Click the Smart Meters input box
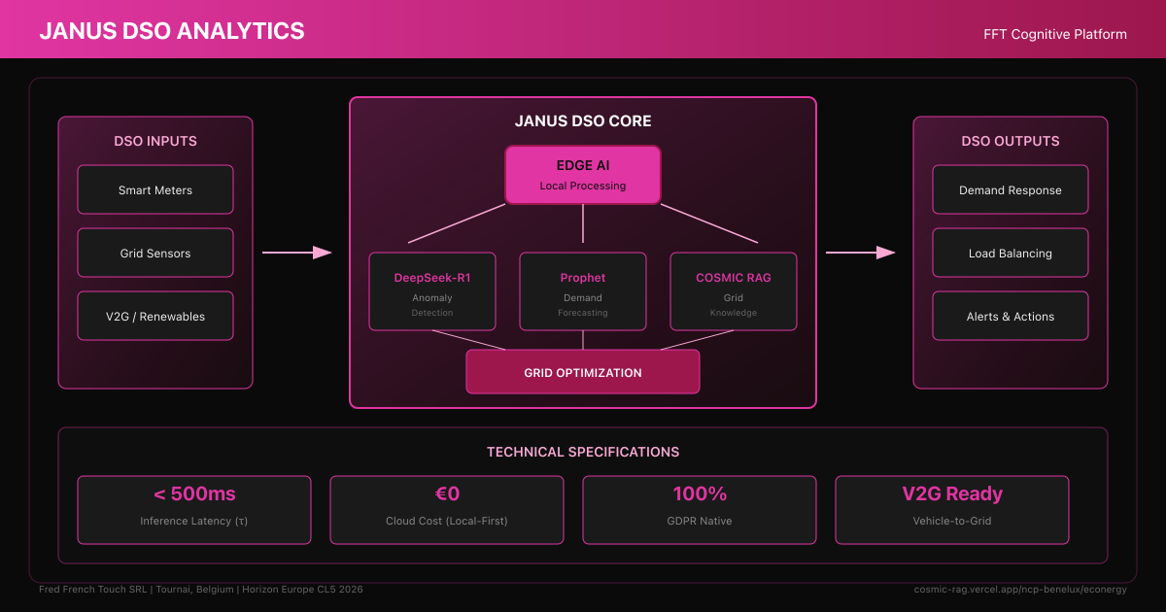(x=155, y=189)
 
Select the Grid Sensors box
(x=155, y=253)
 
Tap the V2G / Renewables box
(x=155, y=316)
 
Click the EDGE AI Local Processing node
(x=583, y=175)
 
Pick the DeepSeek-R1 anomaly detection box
(x=432, y=291)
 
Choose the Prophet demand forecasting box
(x=583, y=291)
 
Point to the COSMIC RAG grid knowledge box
(x=734, y=291)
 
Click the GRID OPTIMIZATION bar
(x=583, y=372)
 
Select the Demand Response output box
(x=1011, y=189)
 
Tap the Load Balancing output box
(x=1011, y=253)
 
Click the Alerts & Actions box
(x=1011, y=316)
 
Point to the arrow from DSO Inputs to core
(x=297, y=253)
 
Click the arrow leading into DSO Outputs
(x=861, y=253)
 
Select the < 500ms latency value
(x=194, y=493)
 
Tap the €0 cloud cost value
(x=447, y=493)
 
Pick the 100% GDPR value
(x=700, y=493)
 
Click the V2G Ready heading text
(x=952, y=493)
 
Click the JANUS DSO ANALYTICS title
(x=172, y=30)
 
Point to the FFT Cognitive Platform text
(x=1055, y=34)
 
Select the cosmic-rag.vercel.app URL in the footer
(x=1020, y=590)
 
